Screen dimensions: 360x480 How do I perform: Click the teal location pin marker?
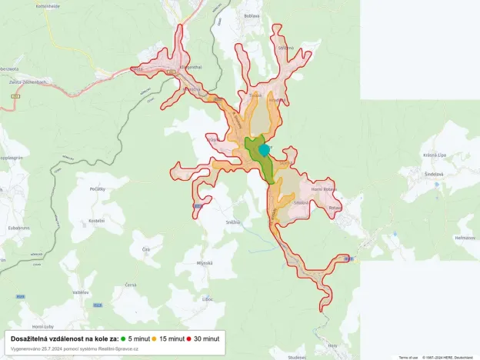click(x=265, y=149)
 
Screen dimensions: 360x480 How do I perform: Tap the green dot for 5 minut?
click(x=124, y=338)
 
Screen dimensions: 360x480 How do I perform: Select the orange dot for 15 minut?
click(x=154, y=338)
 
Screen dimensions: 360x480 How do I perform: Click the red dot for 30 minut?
click(x=188, y=338)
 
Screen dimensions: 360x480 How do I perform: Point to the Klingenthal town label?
click(x=190, y=68)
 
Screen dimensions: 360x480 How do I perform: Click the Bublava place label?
click(x=252, y=15)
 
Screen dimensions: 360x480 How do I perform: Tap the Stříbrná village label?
click(x=286, y=48)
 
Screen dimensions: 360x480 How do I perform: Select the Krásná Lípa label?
click(x=435, y=155)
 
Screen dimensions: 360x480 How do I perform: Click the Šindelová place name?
click(x=434, y=174)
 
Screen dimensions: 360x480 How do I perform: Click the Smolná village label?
click(x=301, y=202)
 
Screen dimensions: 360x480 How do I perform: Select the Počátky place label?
click(x=97, y=188)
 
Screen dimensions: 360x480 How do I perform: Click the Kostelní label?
click(x=96, y=220)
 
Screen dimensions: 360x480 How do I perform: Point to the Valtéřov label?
click(x=81, y=292)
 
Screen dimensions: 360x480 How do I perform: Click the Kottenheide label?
click(x=47, y=5)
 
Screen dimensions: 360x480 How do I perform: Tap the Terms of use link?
click(x=408, y=357)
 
